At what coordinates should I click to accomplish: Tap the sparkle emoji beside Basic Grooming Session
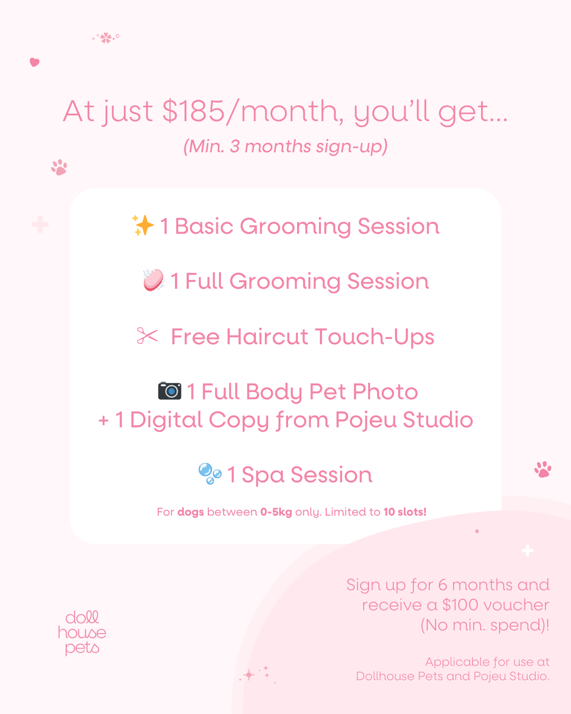(143, 225)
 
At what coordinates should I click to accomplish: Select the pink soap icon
(153, 280)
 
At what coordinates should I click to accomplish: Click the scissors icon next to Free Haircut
(148, 335)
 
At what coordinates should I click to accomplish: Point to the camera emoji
(170, 391)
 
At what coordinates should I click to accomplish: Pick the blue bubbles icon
(210, 473)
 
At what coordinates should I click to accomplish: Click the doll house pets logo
(82, 633)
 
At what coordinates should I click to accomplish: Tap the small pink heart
(34, 62)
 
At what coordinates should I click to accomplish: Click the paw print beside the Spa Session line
(543, 470)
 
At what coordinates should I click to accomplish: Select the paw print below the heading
(59, 167)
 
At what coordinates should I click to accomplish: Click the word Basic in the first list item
(204, 226)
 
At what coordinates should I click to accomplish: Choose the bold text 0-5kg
(276, 512)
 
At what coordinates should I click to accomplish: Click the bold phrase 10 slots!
(405, 512)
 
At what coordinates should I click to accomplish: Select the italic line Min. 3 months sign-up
(285, 147)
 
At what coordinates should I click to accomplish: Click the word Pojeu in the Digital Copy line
(366, 420)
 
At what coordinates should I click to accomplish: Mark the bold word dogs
(190, 512)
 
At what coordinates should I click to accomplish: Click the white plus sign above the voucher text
(527, 551)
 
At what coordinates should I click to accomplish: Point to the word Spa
(263, 475)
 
